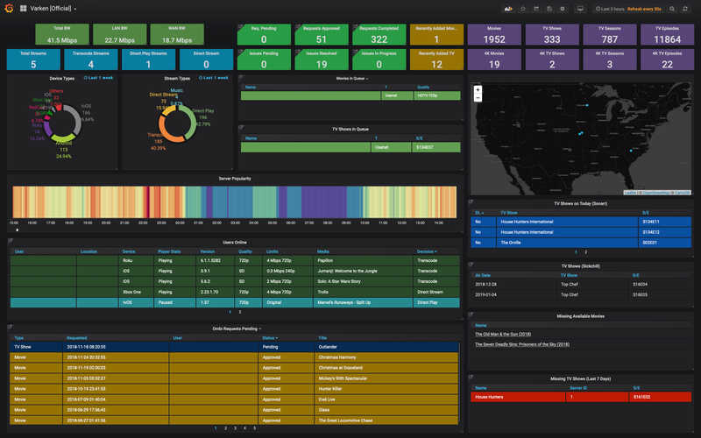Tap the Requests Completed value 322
click(x=379, y=39)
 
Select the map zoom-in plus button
click(x=478, y=89)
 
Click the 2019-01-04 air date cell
click(x=487, y=294)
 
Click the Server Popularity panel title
click(x=234, y=178)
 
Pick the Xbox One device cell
click(x=131, y=291)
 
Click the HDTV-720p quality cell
click(x=429, y=95)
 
